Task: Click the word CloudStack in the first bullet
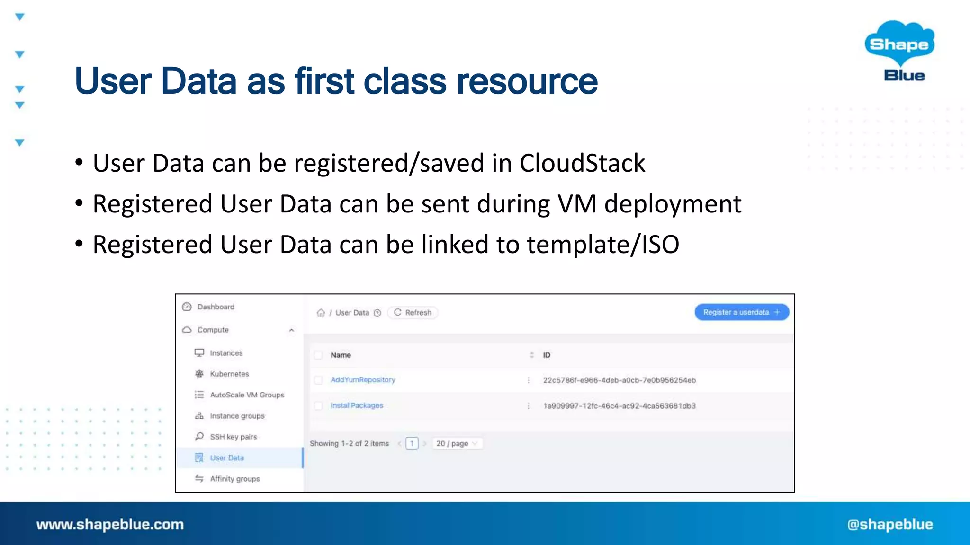pyautogui.click(x=582, y=163)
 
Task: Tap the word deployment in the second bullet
pyautogui.click(x=673, y=204)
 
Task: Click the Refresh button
pyautogui.click(x=413, y=313)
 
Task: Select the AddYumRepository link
pyautogui.click(x=363, y=380)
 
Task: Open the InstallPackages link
pyautogui.click(x=357, y=405)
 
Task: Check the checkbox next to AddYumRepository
pyautogui.click(x=318, y=380)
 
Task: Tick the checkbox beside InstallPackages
pyautogui.click(x=318, y=405)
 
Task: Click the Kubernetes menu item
pyautogui.click(x=229, y=374)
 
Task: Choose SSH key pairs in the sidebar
pyautogui.click(x=233, y=437)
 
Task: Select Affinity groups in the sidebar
pyautogui.click(x=235, y=479)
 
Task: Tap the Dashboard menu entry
pyautogui.click(x=216, y=307)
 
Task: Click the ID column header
pyautogui.click(x=547, y=355)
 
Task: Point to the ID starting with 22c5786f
pyautogui.click(x=619, y=380)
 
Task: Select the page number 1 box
pyautogui.click(x=412, y=443)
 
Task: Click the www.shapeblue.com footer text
pyautogui.click(x=110, y=524)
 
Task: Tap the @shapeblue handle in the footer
pyautogui.click(x=890, y=524)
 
